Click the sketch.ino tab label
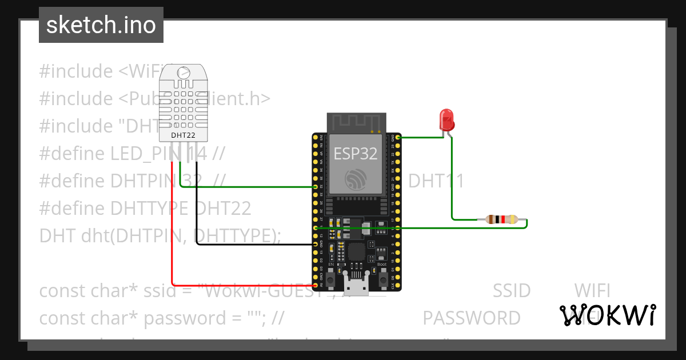pyautogui.click(x=101, y=25)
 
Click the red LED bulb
pyautogui.click(x=446, y=119)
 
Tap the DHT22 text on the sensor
pyautogui.click(x=183, y=135)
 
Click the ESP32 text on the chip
pyautogui.click(x=356, y=153)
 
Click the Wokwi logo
pyautogui.click(x=607, y=315)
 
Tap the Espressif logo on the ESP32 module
pyautogui.click(x=356, y=181)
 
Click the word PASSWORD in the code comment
pyautogui.click(x=472, y=318)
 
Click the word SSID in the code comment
pyautogui.click(x=511, y=290)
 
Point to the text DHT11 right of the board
pyautogui.click(x=436, y=181)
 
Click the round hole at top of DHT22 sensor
pyautogui.click(x=184, y=73)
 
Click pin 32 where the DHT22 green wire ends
pyautogui.click(x=316, y=187)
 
